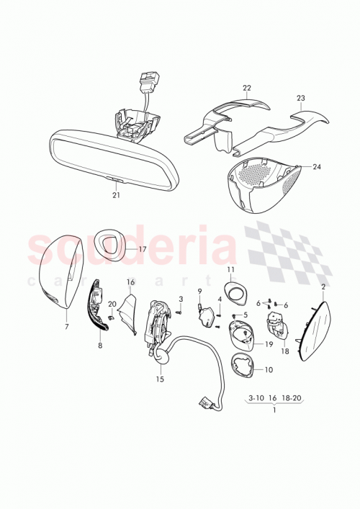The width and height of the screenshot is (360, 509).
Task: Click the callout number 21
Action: [117, 194]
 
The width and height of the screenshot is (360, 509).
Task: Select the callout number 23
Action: [301, 97]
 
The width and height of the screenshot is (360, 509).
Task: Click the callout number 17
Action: [143, 249]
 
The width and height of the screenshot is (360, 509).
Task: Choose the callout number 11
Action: [231, 271]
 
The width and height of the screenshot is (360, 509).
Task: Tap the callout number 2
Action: [323, 287]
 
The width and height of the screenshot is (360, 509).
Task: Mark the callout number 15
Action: [160, 379]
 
